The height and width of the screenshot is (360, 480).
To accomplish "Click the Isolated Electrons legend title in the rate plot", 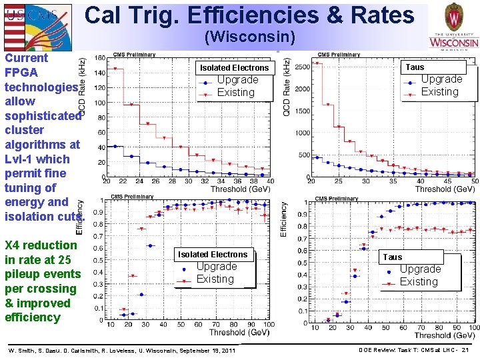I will [x=234, y=67].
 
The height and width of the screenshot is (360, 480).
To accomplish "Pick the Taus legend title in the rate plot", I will [x=415, y=67].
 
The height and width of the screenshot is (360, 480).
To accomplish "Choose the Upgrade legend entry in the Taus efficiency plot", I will [x=420, y=269].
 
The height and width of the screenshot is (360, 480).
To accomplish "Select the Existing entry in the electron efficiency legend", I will [x=215, y=279].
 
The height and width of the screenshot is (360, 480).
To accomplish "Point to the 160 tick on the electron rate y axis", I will [x=99, y=58].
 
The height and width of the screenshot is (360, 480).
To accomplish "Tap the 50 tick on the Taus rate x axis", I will [x=473, y=181].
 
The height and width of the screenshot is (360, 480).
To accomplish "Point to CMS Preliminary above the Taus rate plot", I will [x=339, y=55].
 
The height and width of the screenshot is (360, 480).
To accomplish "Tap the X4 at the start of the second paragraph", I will [x=13, y=245].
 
